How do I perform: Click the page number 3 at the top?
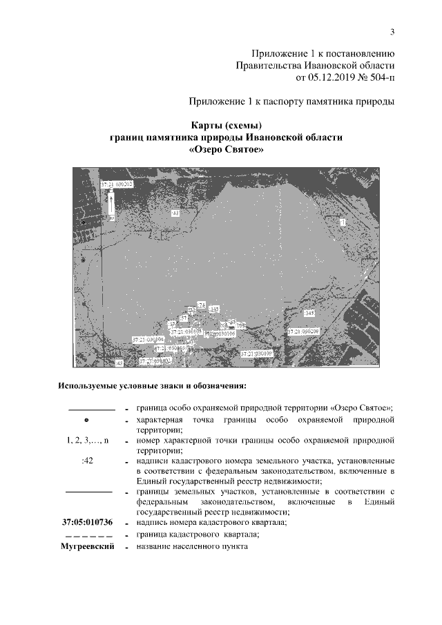coord(392,31)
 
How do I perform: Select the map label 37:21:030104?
coord(148,340)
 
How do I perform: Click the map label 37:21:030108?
coord(257,353)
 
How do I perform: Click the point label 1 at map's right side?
coord(343,221)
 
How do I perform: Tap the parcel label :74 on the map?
coord(201,305)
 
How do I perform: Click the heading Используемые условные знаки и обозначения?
coord(153,385)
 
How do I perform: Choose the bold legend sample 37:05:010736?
coord(87,523)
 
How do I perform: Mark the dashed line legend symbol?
coord(87,535)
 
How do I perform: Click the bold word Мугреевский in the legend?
coord(87,547)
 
